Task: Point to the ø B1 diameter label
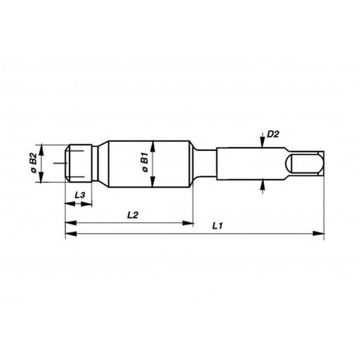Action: pyautogui.click(x=144, y=163)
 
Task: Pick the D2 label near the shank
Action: pyautogui.click(x=272, y=135)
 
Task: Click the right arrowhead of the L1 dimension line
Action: pyautogui.click(x=320, y=231)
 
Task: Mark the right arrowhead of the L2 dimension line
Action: pyautogui.click(x=188, y=222)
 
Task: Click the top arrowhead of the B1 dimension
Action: pyautogui.click(x=154, y=142)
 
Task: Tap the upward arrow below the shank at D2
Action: pyautogui.click(x=262, y=183)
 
